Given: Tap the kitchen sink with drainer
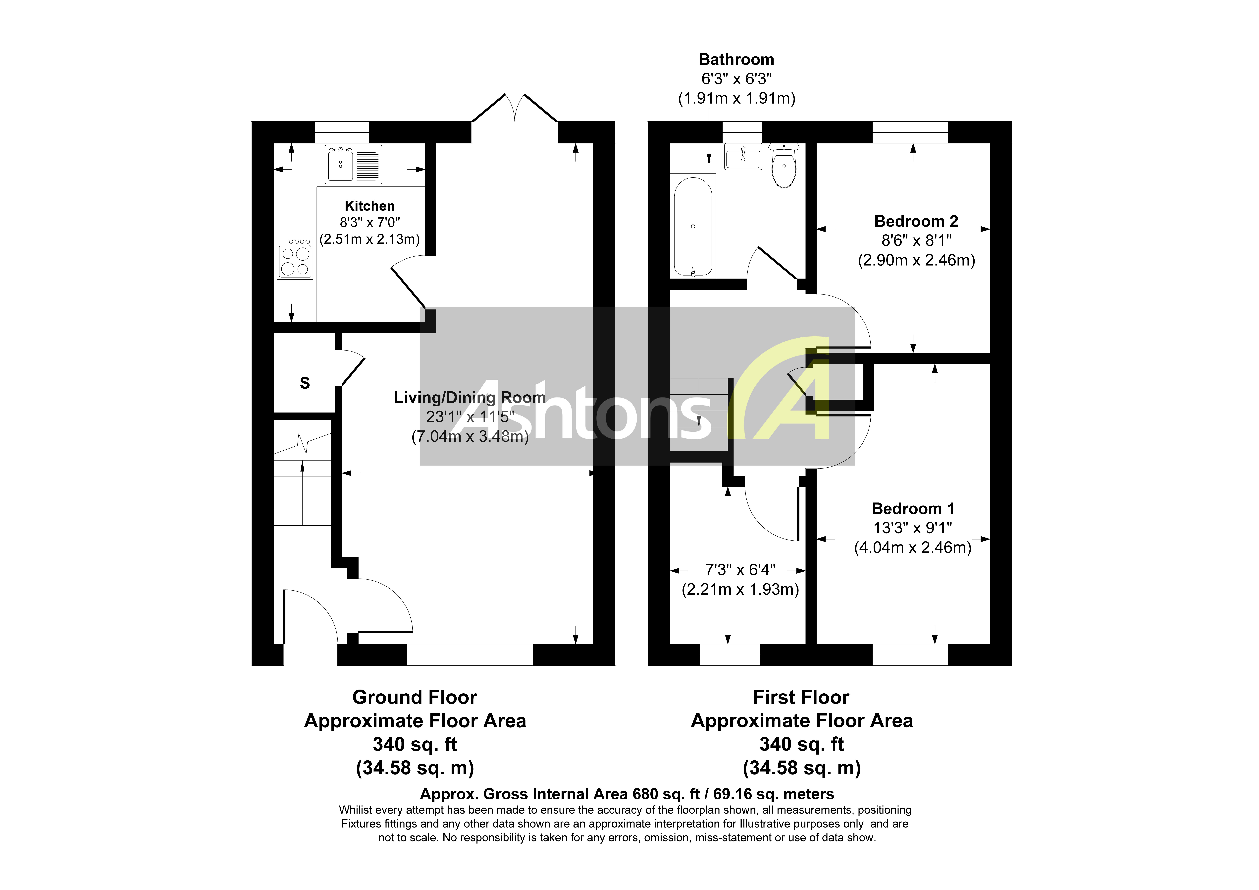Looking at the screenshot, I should pos(353,164).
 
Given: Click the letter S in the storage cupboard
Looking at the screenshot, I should pos(305,383).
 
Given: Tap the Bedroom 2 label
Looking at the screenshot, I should pos(916,221).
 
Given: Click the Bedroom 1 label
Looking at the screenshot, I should pos(913,509).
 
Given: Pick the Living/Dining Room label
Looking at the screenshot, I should pos(470,397).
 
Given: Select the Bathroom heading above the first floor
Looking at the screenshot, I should pos(736,59).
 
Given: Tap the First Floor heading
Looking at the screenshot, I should pos(801,697).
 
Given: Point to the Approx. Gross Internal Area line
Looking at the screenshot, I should pos(627,794).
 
